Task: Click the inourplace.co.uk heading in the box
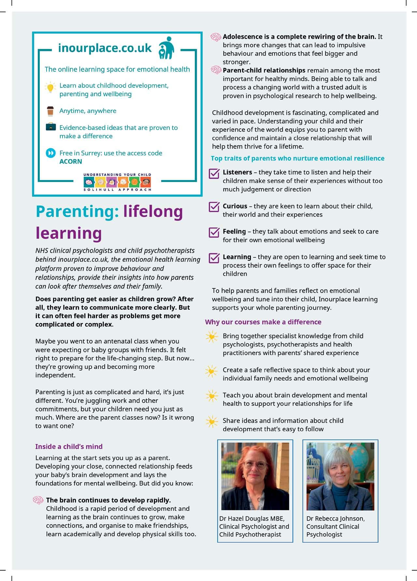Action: (105, 48)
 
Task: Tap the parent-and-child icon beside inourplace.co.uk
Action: (166, 48)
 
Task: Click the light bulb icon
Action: (50, 87)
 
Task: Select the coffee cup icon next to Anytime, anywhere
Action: (50, 111)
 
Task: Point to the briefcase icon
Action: (50, 127)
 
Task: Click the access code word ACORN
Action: (71, 161)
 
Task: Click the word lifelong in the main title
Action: (153, 211)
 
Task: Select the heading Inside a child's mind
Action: (69, 446)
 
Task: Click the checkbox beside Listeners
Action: (214, 173)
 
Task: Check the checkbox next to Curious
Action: (214, 207)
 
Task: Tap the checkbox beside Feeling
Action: (214, 232)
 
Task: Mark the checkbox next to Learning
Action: (214, 258)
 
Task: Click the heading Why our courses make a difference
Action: (263, 322)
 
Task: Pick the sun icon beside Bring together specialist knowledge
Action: (212, 337)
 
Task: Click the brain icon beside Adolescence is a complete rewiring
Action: (216, 37)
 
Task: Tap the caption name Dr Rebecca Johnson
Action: (335, 518)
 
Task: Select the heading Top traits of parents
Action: (297, 158)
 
